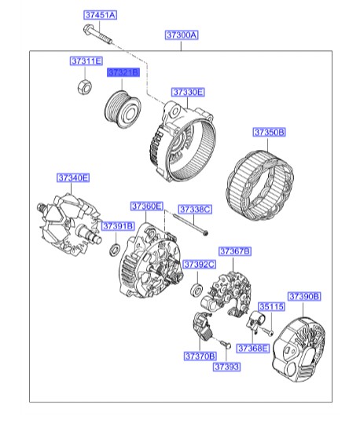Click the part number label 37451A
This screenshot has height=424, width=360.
click(100, 16)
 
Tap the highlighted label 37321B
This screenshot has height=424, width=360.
click(123, 72)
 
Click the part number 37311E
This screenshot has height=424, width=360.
click(86, 60)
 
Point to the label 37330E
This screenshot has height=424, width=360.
click(188, 93)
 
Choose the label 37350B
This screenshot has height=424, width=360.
click(269, 133)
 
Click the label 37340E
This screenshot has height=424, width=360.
click(72, 177)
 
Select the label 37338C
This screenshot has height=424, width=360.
click(194, 210)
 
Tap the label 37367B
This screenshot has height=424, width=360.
click(235, 251)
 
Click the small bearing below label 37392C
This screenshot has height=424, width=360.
click(197, 291)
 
